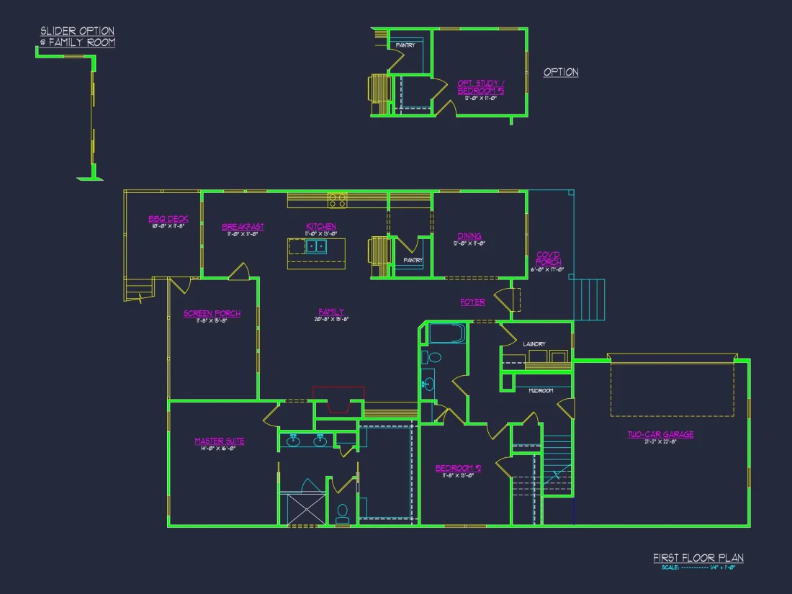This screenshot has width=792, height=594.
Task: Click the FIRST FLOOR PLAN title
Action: pos(698,558)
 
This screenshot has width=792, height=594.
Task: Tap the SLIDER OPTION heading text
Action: pos(77,31)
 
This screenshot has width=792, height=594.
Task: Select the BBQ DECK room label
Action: pos(168,219)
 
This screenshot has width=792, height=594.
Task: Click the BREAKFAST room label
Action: pos(243,227)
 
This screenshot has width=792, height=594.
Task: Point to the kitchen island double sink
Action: pos(315,247)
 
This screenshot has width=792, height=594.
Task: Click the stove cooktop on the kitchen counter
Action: pos(337,199)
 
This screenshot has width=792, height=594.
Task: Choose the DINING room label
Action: pos(469,236)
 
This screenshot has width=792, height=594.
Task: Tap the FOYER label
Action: pos(473,302)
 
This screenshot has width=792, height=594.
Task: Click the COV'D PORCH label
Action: pos(549,258)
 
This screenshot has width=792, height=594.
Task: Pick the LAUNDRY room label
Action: pos(534,344)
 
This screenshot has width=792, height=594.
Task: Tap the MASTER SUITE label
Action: pos(219,441)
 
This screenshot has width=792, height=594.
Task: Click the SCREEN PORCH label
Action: pos(212,313)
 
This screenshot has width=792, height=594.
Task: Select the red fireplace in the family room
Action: pos(338,400)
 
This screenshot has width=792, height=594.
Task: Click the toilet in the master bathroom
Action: pos(343,512)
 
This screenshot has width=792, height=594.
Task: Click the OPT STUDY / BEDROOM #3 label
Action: pos(480,87)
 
